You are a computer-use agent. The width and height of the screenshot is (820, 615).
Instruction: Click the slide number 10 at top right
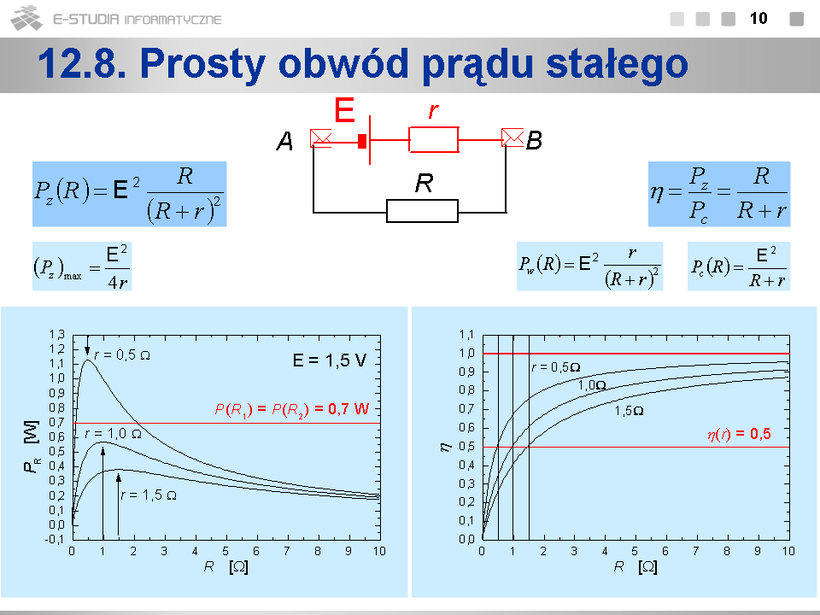758,19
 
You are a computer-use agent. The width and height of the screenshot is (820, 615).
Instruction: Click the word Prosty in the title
203,64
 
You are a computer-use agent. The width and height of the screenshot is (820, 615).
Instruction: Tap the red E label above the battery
344,110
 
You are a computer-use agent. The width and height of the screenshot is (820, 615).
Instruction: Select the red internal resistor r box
434,139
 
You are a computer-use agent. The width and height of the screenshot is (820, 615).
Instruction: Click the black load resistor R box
422,211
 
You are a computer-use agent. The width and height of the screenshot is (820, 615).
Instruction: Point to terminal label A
284,141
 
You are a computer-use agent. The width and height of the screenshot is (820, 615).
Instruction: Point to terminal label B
534,140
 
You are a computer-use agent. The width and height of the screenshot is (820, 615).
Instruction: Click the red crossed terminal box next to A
320,138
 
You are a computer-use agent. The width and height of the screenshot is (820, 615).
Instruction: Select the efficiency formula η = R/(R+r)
719,194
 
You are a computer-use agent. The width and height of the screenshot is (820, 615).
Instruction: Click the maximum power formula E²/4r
82,266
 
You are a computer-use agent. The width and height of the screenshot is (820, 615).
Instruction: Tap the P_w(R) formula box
590,266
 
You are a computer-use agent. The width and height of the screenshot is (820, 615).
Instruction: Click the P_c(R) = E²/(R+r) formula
738,266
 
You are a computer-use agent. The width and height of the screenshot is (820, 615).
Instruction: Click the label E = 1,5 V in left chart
330,360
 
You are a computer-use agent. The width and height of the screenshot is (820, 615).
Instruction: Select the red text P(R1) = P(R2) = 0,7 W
292,409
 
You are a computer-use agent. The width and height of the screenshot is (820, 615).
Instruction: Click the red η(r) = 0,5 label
739,434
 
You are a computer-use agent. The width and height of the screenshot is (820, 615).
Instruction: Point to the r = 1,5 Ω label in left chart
149,495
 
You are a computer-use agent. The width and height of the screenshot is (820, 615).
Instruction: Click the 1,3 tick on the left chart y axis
57,334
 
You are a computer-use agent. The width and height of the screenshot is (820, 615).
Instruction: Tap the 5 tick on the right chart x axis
635,551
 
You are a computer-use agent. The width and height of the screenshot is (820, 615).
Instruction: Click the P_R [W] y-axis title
32,447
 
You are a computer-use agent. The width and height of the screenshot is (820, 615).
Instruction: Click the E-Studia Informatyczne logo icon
26,18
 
